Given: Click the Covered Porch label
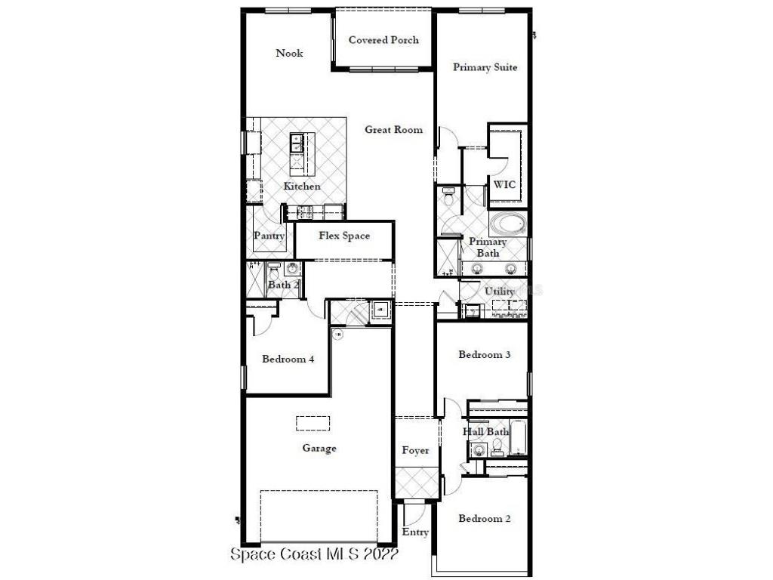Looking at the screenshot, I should (383, 40).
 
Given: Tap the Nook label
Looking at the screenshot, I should (289, 53).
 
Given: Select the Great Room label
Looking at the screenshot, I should (393, 130).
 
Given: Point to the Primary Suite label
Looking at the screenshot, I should (485, 67).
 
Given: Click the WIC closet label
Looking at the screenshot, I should (504, 185).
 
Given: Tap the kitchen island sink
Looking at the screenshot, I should (297, 140).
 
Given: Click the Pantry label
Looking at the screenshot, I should (269, 236).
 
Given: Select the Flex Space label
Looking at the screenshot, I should (344, 236).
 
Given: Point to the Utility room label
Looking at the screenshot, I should (499, 292).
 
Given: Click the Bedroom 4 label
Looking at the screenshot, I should (288, 359).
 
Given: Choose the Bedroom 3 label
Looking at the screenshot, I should (485, 354).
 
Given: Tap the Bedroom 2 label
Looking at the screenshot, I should (485, 519).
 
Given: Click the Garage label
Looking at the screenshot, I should (319, 449).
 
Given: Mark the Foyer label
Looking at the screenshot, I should (415, 451).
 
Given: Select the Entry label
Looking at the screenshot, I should (415, 532).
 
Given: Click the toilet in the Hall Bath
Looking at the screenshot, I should (497, 450).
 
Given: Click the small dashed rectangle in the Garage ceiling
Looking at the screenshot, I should (313, 422).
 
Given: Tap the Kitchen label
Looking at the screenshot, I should (302, 187).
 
